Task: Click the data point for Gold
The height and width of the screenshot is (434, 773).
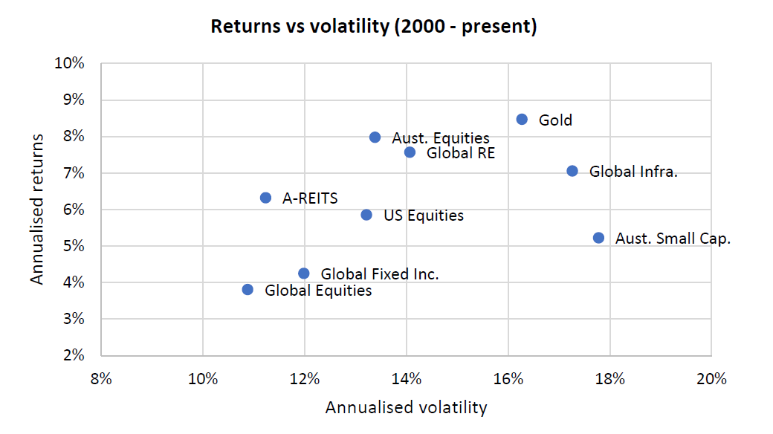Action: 522,119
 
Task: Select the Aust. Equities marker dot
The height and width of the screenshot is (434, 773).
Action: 375,137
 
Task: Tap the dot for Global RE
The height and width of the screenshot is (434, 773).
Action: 410,152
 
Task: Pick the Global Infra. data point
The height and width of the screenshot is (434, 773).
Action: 572,171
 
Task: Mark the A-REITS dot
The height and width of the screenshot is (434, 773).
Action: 265,198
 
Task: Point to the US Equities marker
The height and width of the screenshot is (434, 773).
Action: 366,215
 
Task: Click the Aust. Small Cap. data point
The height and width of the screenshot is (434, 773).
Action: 598,238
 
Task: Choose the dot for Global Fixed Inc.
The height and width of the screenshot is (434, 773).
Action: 303,273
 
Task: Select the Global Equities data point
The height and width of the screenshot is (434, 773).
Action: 248,289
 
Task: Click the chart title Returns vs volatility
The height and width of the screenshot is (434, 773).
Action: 374,27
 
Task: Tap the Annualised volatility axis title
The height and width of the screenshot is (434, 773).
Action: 406,407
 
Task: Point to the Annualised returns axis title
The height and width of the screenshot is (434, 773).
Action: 37,209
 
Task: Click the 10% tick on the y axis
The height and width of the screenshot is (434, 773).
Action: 70,64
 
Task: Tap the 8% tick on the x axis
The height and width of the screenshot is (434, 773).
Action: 101,378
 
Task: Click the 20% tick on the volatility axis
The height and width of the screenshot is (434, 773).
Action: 711,378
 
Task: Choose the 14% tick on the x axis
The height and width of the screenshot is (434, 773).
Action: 406,378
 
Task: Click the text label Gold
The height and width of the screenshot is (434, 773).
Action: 555,120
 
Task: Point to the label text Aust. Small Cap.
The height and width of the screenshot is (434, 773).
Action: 663,239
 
